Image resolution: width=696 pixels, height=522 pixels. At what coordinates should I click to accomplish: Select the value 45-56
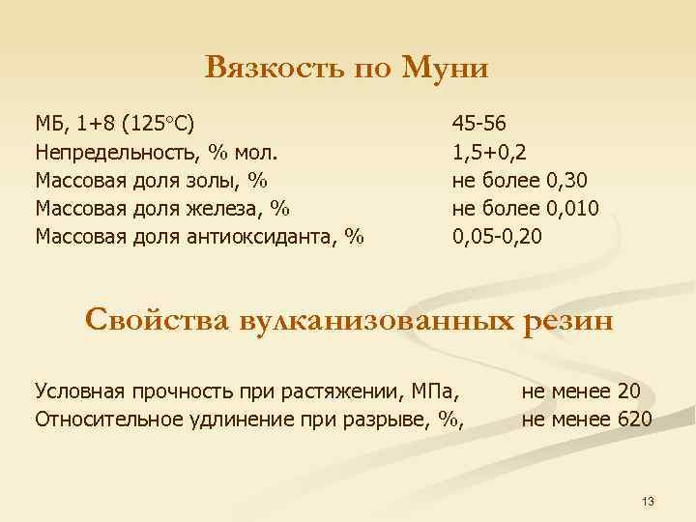point(478,125)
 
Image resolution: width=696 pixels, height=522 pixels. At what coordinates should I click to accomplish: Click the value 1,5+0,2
point(489,152)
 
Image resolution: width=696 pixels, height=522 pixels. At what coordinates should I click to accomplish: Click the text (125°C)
point(159,125)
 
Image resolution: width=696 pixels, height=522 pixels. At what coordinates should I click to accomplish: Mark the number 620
point(635,419)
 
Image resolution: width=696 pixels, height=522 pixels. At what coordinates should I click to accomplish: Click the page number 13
point(648,501)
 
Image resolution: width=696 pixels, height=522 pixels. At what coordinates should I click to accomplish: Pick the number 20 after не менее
point(628,391)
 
